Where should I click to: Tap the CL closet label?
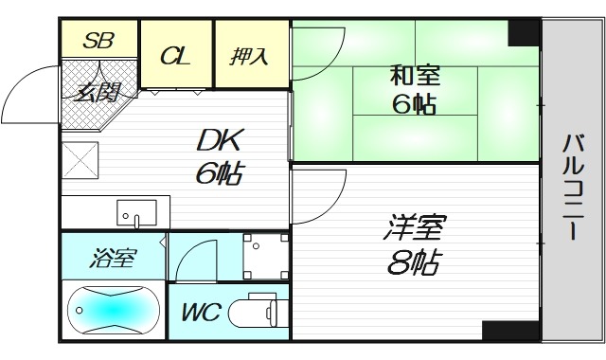pos(175,56)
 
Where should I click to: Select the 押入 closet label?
pos(250,56)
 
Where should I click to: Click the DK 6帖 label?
pos(219,156)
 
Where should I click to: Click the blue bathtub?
pos(113,309)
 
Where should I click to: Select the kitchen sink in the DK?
pos(134,211)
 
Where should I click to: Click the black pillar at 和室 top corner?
pos(522,32)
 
